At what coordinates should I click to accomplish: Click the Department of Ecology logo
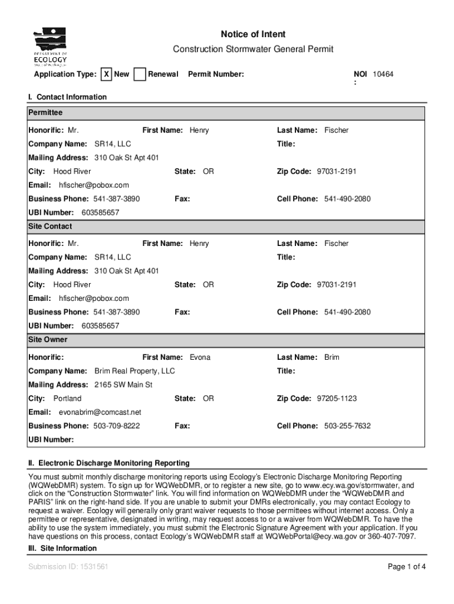(x=50, y=46)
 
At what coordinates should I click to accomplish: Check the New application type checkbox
(x=106, y=74)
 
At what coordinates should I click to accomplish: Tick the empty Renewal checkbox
(x=140, y=74)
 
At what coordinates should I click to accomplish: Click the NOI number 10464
(x=383, y=74)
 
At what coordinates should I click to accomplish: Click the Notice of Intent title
(x=253, y=34)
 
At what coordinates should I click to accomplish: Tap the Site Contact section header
(x=50, y=226)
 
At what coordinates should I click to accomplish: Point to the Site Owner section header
(x=48, y=340)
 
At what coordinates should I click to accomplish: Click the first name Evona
(x=200, y=357)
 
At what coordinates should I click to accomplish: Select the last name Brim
(x=331, y=357)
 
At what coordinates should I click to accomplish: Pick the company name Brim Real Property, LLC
(x=134, y=371)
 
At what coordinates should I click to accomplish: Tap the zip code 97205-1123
(x=337, y=399)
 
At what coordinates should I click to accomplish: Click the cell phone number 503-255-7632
(x=347, y=426)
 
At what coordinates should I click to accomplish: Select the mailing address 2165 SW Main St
(x=123, y=385)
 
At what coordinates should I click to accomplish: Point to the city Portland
(x=67, y=399)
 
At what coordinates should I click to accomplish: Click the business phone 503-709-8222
(x=116, y=426)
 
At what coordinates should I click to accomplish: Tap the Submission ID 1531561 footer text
(x=68, y=567)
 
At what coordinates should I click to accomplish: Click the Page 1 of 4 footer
(x=406, y=567)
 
